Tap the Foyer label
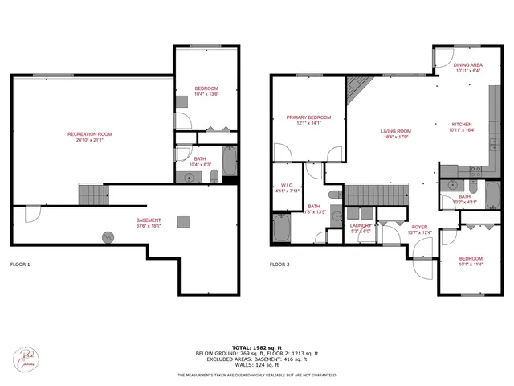coord(421,228)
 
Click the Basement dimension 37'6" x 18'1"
coord(149,226)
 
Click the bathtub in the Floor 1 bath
coord(229,162)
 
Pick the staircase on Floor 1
coord(92,194)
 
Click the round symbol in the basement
coord(108,236)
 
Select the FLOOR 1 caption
coord(20,264)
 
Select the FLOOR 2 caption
coord(279,264)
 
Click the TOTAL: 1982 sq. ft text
coord(257,347)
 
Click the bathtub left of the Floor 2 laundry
coord(284,228)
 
